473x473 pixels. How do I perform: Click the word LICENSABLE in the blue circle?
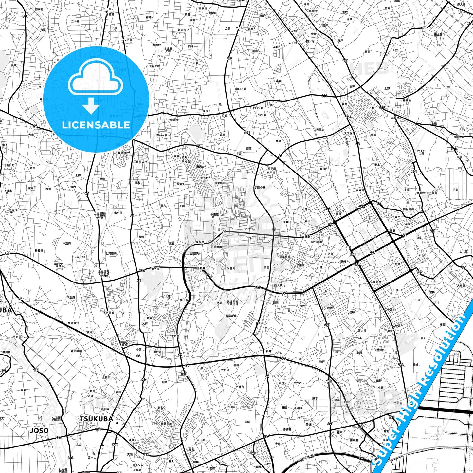tap(96, 125)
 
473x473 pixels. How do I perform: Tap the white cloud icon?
tap(95, 79)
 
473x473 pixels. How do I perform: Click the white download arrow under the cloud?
tap(91, 105)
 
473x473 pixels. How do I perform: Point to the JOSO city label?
tap(39, 431)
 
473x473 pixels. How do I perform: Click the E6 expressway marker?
tap(361, 458)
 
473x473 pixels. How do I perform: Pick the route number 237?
tap(373, 253)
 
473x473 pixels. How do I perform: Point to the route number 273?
tap(391, 417)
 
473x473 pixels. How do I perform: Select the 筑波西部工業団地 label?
tap(232, 303)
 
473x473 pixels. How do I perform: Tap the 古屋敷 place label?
tap(306, 236)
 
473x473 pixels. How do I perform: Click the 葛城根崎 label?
tap(285, 257)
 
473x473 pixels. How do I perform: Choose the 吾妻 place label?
tap(392, 231)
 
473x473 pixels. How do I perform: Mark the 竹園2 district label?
tap(398, 264)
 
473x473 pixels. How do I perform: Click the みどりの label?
tap(138, 465)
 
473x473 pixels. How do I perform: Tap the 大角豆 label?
tap(461, 286)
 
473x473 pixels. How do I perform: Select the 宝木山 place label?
tap(92, 457)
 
